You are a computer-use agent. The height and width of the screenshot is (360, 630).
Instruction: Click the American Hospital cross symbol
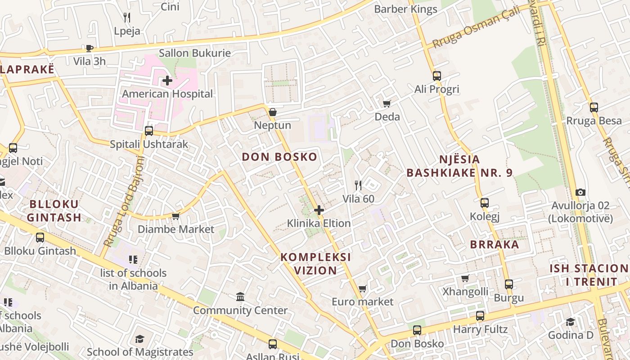(167, 81)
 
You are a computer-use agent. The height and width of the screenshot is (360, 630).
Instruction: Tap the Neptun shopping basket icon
(272, 112)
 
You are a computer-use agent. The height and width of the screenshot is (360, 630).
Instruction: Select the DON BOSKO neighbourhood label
(279, 157)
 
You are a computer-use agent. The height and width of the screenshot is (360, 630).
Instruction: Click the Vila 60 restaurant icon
(358, 185)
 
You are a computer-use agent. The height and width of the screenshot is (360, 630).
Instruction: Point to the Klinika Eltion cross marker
(319, 210)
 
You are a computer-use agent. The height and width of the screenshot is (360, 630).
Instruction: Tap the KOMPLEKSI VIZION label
(315, 264)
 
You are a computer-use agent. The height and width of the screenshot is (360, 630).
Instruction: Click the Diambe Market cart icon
(175, 216)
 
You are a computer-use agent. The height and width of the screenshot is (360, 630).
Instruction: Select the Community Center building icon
(240, 297)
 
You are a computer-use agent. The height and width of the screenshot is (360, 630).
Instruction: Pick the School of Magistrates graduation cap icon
(140, 339)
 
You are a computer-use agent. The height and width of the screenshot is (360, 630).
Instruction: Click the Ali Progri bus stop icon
(436, 76)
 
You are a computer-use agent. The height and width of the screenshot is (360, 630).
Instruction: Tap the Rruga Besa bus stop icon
(594, 107)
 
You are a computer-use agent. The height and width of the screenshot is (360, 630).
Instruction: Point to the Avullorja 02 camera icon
(580, 192)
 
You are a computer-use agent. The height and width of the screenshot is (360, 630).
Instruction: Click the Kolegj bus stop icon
(484, 203)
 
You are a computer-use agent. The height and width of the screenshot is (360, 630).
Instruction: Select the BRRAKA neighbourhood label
(495, 245)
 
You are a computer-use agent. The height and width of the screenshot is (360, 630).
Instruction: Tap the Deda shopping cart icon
(387, 103)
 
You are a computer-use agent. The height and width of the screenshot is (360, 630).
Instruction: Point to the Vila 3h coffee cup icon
(89, 48)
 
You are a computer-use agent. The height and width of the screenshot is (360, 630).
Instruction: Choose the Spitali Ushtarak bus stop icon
(148, 131)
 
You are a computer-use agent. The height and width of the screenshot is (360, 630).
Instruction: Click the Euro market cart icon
(362, 288)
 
